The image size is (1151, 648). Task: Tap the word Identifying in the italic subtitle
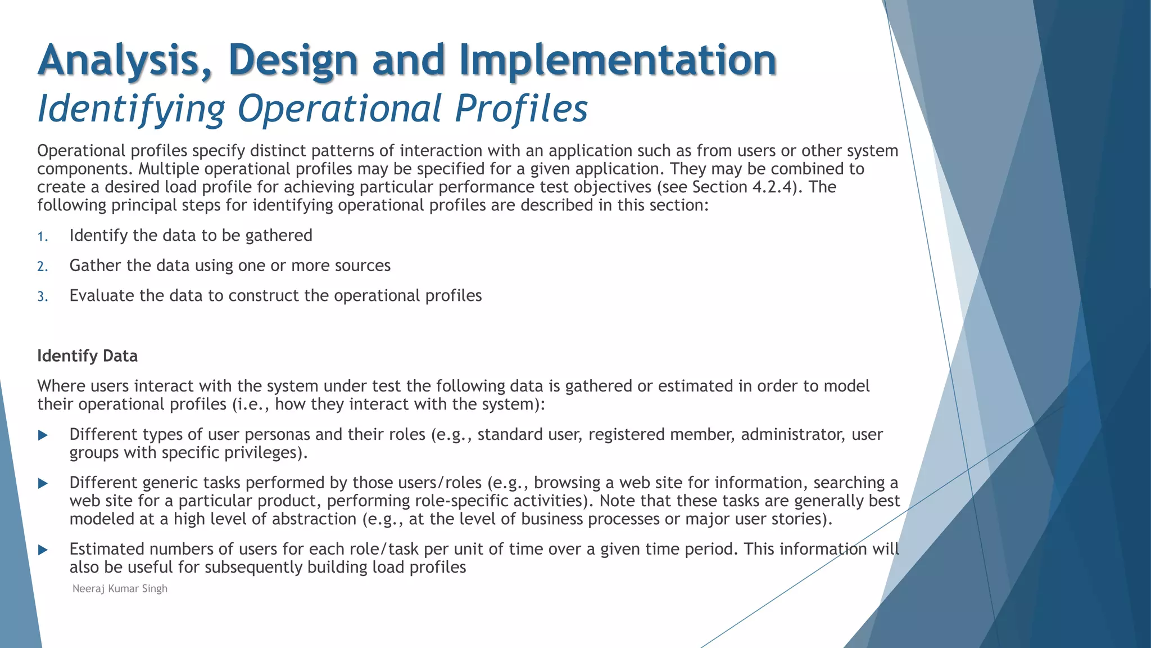131,109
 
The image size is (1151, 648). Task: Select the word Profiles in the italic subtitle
521,109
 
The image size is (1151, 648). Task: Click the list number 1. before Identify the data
43,237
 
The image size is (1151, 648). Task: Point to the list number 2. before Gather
43,267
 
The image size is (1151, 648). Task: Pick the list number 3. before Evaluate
43,297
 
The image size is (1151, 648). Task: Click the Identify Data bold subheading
87,356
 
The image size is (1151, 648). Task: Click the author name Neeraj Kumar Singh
120,589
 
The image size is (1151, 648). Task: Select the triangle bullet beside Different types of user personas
43,435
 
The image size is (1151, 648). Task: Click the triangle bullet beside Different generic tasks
43,483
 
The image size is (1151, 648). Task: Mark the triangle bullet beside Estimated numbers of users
43,550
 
